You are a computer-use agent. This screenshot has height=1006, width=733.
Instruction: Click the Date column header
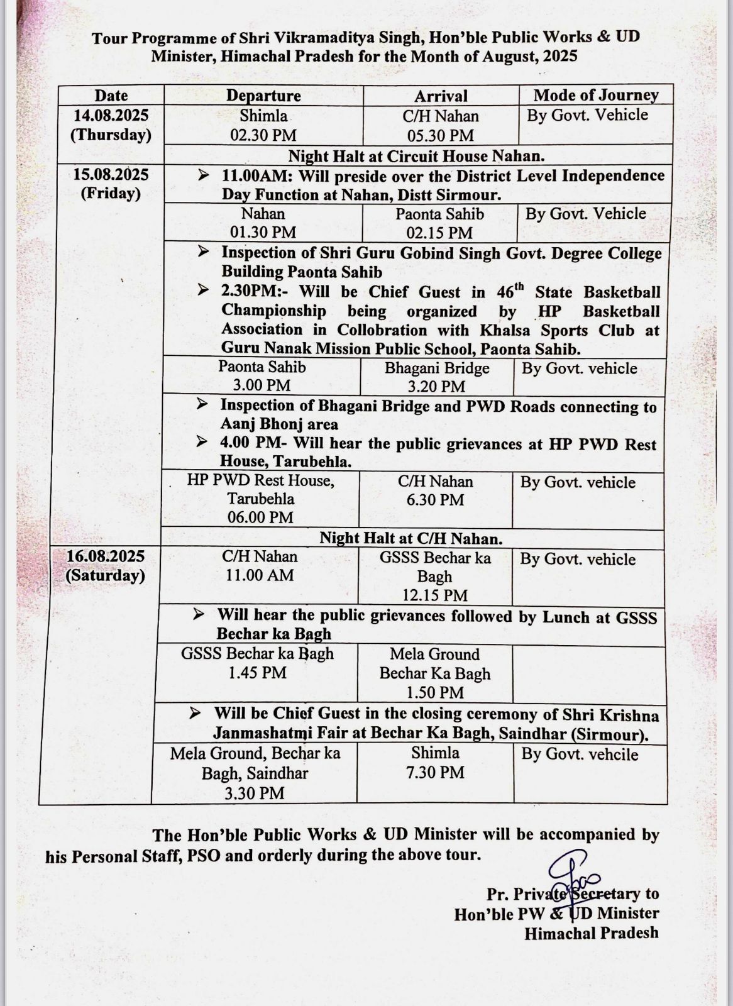(111, 96)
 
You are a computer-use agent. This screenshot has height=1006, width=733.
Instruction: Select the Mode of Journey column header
(595, 95)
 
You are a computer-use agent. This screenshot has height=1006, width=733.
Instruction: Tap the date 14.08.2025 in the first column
(111, 115)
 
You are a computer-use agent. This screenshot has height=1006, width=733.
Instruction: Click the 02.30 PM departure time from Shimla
(263, 135)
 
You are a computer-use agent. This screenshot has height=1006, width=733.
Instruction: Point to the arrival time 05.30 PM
(440, 136)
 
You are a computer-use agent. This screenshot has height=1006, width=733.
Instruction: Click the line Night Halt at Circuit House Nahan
(416, 155)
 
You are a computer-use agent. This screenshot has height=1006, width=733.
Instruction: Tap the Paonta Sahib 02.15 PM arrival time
(439, 233)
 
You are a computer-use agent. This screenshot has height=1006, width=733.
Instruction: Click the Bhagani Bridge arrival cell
(437, 377)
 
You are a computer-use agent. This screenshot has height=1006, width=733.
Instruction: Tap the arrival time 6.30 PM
(435, 500)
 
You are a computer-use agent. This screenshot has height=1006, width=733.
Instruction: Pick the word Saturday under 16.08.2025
(105, 576)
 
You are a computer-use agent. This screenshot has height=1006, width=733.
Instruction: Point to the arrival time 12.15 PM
(434, 595)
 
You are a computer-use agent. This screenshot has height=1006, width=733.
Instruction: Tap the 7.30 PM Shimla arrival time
(435, 772)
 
